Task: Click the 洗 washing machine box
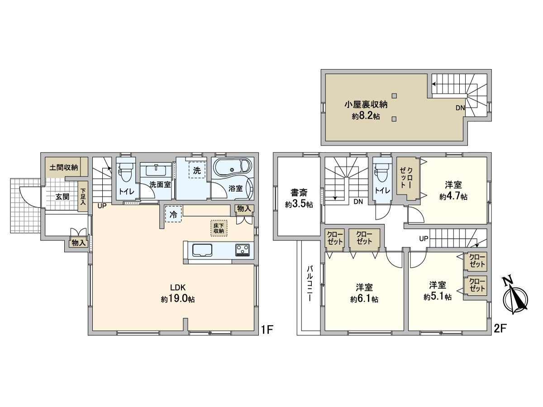point(197,170)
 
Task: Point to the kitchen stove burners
point(243,250)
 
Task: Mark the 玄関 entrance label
point(62,197)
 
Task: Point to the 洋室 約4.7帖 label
point(453,190)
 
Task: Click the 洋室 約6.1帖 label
point(364,293)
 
